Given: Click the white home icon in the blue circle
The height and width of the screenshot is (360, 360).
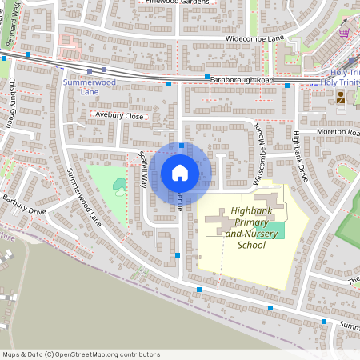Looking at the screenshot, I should click(180, 172).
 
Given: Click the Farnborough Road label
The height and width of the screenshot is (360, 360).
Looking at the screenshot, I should click(242, 81).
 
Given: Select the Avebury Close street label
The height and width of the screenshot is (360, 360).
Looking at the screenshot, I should click(119, 116).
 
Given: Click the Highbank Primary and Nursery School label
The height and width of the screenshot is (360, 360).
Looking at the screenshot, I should click(246, 229).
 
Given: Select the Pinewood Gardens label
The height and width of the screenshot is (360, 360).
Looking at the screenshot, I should click(181, 2).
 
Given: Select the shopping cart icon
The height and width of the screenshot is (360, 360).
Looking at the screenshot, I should click(344, 33).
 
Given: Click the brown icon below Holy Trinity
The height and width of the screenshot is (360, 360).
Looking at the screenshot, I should click(341, 98).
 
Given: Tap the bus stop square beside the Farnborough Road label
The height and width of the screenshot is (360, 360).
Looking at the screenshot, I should click(169, 83).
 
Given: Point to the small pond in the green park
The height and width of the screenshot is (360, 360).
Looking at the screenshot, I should click(119, 186).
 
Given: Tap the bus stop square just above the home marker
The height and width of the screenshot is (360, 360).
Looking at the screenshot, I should click(182, 146).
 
